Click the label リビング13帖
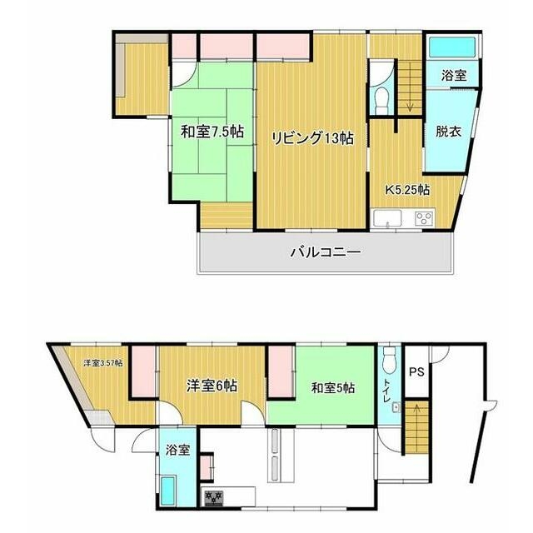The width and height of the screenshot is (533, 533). coord(313,138)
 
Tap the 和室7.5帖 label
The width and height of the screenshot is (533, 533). coord(212,132)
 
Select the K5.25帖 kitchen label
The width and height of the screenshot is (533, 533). coord(407,190)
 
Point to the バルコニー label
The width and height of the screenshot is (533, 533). coord(326,252)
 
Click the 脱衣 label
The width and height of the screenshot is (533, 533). coord(448,132)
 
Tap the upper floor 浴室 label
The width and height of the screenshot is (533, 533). coord(454,75)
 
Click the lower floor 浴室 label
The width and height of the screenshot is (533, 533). coord(177,450)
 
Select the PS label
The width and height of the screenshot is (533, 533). coord(416,372)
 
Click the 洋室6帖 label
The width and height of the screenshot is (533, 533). coord(212,386)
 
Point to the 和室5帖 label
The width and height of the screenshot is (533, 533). coord(333,387)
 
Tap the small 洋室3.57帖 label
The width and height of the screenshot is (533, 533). coord(103,363)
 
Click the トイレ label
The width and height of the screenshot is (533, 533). coord(386,391)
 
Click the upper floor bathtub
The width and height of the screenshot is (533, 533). coord(452,47)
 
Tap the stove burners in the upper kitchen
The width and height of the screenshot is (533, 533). coord(424,218)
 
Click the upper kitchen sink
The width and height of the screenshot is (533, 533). coord(387,218)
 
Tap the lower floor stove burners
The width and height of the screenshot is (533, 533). coord(213,498)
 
